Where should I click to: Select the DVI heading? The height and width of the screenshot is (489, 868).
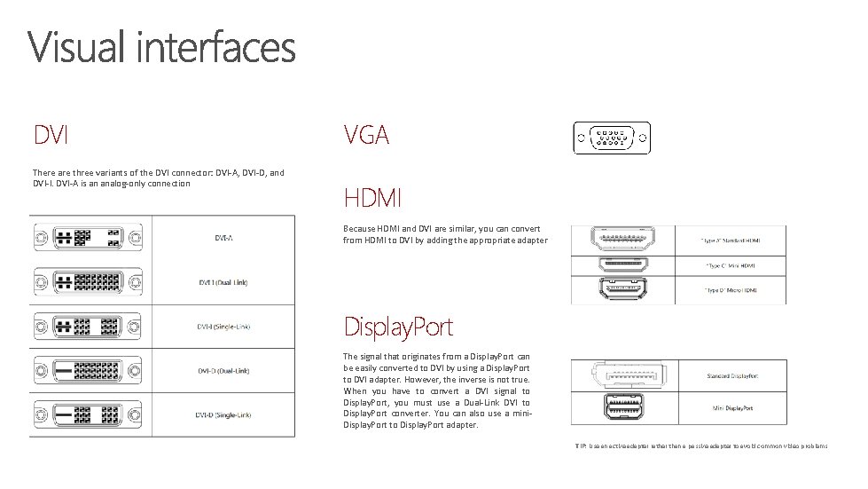click(52, 135)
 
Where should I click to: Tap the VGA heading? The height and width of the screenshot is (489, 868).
click(365, 135)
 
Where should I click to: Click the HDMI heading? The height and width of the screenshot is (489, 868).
click(372, 195)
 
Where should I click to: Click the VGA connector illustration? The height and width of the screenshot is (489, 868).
click(611, 138)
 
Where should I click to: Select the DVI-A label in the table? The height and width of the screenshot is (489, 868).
click(223, 237)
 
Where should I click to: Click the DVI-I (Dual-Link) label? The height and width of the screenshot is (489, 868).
click(223, 282)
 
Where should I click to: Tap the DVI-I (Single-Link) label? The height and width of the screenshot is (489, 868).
click(223, 327)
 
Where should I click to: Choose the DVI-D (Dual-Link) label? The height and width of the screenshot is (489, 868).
click(223, 370)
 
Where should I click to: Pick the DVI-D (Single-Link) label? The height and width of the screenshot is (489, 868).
click(223, 414)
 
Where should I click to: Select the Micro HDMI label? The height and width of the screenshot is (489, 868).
click(732, 290)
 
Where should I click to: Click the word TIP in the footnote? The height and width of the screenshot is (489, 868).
click(580, 446)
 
